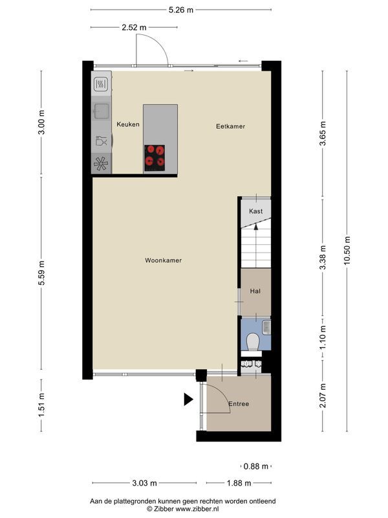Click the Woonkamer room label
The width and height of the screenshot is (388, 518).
pos(163,260)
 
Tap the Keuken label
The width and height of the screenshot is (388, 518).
pos(127,124)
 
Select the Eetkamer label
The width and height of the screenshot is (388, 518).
pos(231,126)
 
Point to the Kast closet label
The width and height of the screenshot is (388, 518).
pos(255,212)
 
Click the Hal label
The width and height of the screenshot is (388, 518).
pos(255,292)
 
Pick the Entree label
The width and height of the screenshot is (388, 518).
pos(238,404)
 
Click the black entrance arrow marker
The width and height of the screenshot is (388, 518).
pos(188,400)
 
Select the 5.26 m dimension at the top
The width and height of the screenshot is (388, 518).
pos(180,10)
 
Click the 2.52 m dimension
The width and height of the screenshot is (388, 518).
pos(134,27)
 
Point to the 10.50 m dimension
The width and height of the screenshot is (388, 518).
pos(347,251)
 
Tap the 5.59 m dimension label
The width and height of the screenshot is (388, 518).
pos(42,268)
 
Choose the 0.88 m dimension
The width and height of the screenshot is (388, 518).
pos(255,466)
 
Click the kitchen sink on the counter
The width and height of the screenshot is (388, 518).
pos(100,110)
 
